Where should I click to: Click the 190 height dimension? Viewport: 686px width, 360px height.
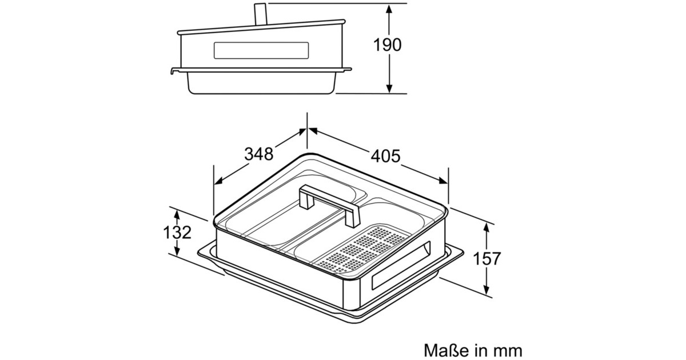[x=387, y=45]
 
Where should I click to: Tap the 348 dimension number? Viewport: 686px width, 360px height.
[x=258, y=154]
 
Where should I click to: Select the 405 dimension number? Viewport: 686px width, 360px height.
[x=385, y=156]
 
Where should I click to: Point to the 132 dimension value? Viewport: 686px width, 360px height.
[x=177, y=233]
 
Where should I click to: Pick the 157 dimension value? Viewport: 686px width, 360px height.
[x=487, y=259]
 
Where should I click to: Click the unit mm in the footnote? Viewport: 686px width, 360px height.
[x=507, y=351]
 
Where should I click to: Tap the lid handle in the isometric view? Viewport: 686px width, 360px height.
[x=329, y=205]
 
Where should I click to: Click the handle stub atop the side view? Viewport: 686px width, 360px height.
[x=261, y=14]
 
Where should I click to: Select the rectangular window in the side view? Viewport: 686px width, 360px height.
[x=261, y=50]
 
